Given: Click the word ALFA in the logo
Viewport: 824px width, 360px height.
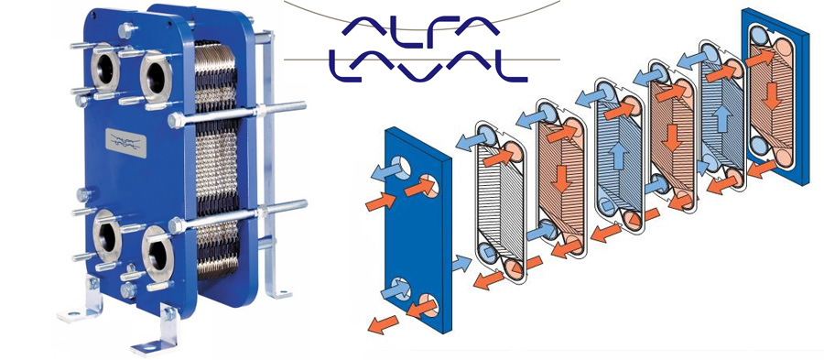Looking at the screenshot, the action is pos(420,26).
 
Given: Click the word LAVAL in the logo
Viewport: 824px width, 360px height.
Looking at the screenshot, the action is pos(428,66).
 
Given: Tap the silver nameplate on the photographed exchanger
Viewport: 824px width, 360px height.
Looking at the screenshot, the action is pos(127,141).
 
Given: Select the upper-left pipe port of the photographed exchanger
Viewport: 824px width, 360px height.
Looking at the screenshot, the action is pos(105,68).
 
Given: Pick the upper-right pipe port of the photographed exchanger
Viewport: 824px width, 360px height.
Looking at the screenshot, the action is pos(155,78).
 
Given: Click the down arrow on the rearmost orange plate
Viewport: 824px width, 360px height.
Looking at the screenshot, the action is pos(771,98).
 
